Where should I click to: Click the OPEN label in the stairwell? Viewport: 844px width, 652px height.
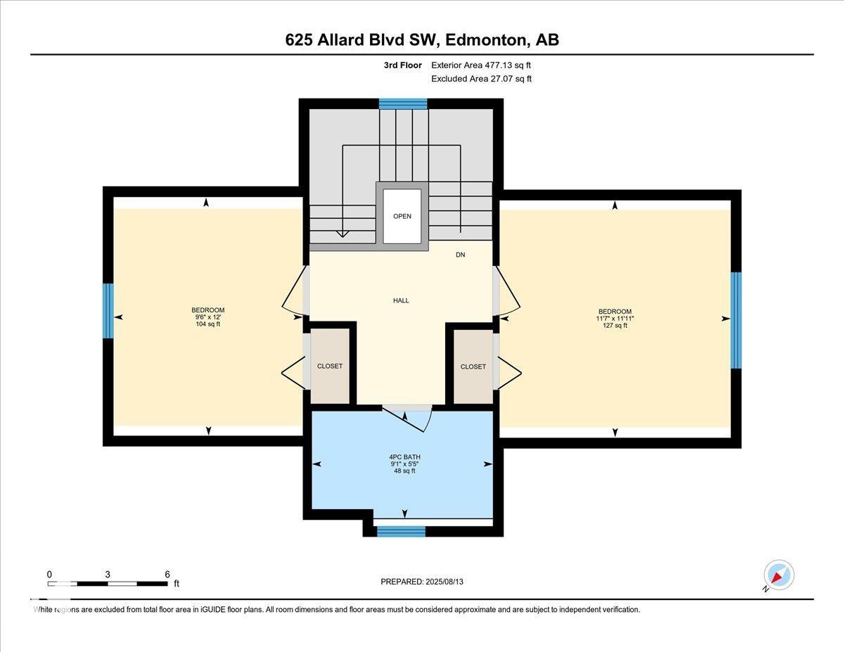pyautogui.click(x=402, y=217)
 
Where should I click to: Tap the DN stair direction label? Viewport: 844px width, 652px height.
pyautogui.click(x=461, y=255)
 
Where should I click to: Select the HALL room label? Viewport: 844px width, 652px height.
pyautogui.click(x=401, y=300)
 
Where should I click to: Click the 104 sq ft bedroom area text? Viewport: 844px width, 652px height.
pyautogui.click(x=208, y=324)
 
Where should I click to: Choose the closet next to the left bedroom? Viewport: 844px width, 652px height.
pyautogui.click(x=330, y=366)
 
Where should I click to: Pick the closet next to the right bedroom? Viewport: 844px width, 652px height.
pyautogui.click(x=473, y=366)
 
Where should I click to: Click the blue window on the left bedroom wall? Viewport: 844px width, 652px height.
pyautogui.click(x=108, y=311)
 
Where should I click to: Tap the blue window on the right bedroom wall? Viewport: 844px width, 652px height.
pyautogui.click(x=736, y=321)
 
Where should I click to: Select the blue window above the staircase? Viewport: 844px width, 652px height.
pyautogui.click(x=403, y=104)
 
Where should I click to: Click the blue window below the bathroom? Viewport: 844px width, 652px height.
pyautogui.click(x=402, y=532)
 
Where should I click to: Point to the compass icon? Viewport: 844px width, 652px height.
pyautogui.click(x=779, y=575)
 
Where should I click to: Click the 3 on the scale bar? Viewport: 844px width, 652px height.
pyautogui.click(x=108, y=574)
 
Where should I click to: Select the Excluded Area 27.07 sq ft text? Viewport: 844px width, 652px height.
pyautogui.click(x=481, y=79)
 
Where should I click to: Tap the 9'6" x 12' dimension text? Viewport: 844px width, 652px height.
pyautogui.click(x=208, y=317)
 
